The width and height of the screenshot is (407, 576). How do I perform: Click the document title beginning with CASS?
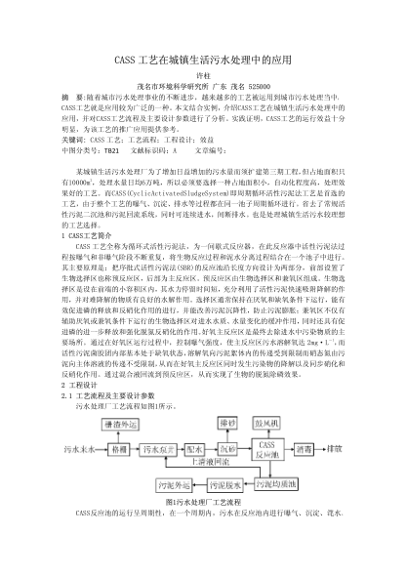[204, 60]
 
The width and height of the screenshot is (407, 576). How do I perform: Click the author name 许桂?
[204, 76]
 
